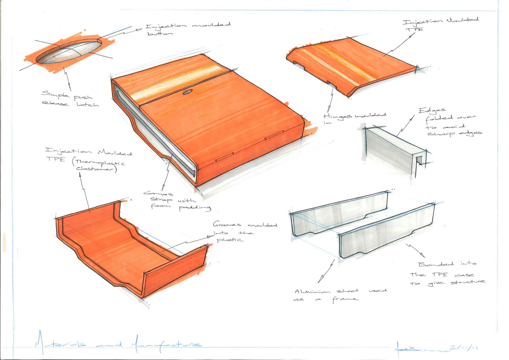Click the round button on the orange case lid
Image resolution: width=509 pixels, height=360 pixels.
[x=187, y=92]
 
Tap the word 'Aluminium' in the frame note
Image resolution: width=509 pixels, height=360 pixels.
[x=313, y=291]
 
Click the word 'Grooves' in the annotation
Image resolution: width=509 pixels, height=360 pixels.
[x=227, y=224]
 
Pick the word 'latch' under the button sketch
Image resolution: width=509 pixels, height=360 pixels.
[x=87, y=104]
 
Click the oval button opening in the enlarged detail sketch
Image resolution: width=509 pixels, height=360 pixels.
[x=68, y=51]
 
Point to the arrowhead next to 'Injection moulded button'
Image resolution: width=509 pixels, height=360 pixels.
[x=139, y=30]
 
